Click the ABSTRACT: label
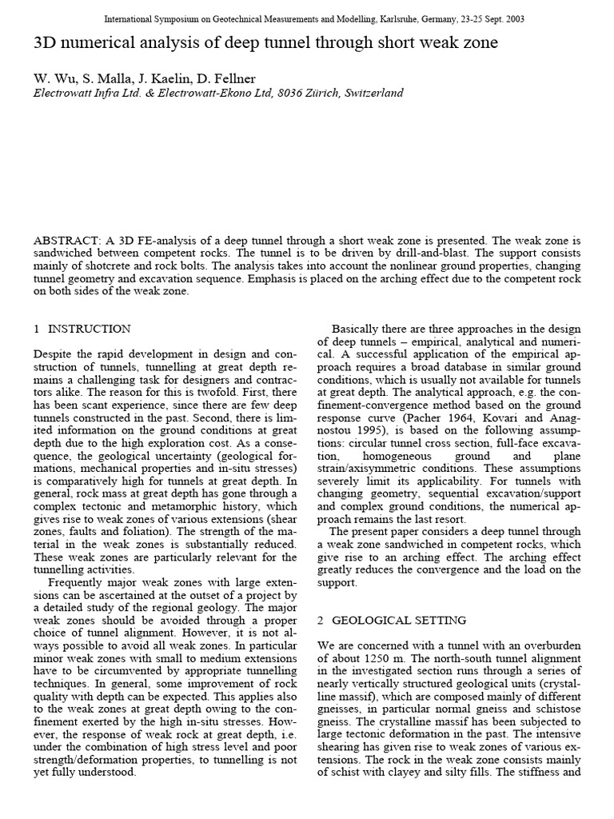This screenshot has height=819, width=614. point(67,241)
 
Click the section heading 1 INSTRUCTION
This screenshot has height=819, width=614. point(82,329)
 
